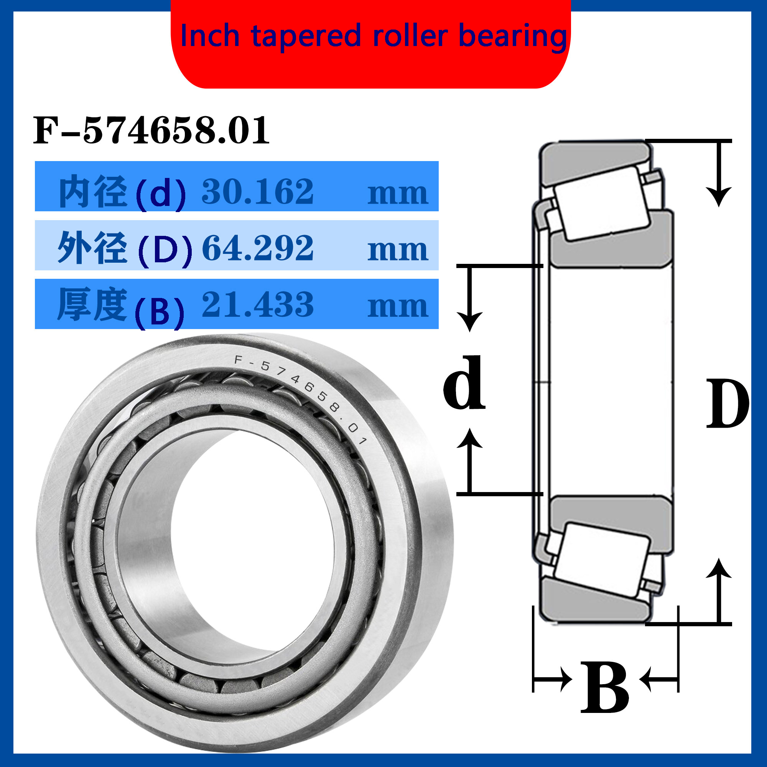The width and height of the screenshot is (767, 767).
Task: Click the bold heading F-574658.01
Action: point(151,130)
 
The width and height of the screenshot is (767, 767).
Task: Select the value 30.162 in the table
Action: point(258,191)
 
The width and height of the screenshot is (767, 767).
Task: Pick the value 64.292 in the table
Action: point(258,248)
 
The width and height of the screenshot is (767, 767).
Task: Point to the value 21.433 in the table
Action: point(258,304)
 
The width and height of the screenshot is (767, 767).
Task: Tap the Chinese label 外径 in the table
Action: point(92,248)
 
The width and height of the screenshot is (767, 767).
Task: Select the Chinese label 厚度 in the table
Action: point(92,304)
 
